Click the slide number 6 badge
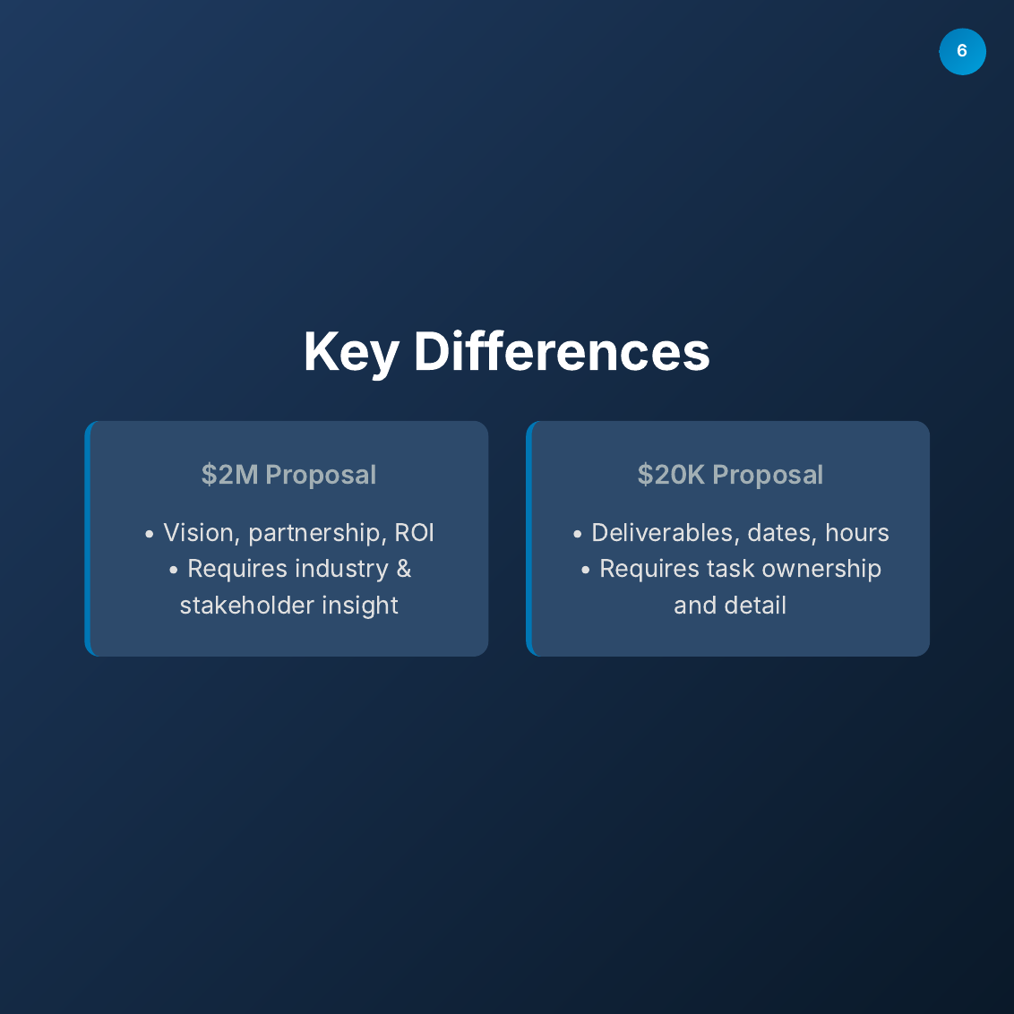click(962, 51)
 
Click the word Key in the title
click(350, 351)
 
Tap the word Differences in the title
click(562, 351)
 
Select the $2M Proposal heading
click(288, 475)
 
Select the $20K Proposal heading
click(730, 475)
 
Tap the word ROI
click(414, 533)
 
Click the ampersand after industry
click(404, 569)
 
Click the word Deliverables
click(662, 533)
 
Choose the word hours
click(857, 533)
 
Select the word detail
click(758, 606)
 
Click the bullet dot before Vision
click(150, 535)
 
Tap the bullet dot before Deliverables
click(578, 535)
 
